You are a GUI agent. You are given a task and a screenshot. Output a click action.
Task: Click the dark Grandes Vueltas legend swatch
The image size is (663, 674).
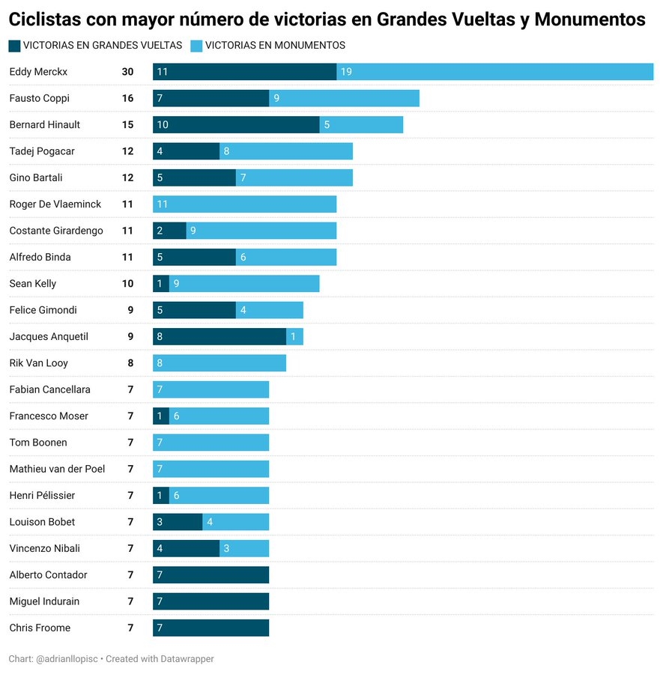tap(14, 46)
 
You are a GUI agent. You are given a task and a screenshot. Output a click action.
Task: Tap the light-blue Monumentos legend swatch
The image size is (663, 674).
tap(196, 46)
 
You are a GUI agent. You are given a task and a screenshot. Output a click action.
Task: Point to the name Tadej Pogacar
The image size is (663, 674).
tap(42, 151)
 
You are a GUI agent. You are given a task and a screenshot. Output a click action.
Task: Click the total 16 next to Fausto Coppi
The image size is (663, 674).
tap(127, 98)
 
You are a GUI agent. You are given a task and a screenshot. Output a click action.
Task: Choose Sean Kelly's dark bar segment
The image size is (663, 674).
tap(161, 284)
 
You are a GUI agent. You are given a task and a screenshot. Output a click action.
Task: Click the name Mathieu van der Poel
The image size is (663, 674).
tap(57, 469)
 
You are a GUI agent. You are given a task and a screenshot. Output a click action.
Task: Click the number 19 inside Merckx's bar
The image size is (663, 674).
tap(346, 72)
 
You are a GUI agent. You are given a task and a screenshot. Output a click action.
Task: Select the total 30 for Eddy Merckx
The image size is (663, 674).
tap(127, 72)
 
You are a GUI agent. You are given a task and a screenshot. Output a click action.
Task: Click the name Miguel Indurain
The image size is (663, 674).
tap(44, 601)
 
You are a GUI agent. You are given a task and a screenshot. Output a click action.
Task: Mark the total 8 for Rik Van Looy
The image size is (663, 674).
tap(130, 363)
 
